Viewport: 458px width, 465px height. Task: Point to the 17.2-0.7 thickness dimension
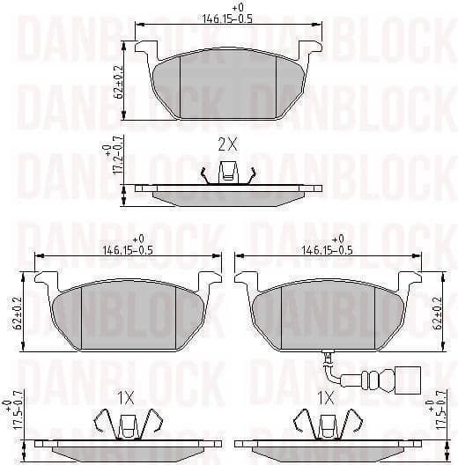pyautogui.click(x=113, y=159)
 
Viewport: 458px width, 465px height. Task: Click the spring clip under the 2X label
pyautogui.click(x=227, y=175)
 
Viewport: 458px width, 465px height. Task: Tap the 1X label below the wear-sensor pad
pyautogui.click(x=325, y=398)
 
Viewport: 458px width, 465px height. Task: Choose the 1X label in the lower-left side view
pyautogui.click(x=129, y=398)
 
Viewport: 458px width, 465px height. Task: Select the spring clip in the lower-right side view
pyautogui.click(x=328, y=427)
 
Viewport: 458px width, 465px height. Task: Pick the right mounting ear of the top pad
pyautogui.click(x=310, y=50)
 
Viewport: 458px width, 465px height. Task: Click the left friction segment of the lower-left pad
pyautogui.click(x=67, y=313)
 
